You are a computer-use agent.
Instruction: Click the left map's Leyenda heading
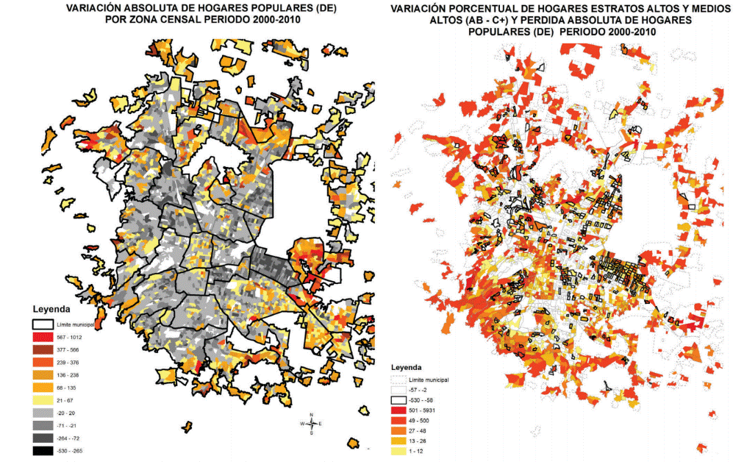pyautogui.click(x=51, y=309)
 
